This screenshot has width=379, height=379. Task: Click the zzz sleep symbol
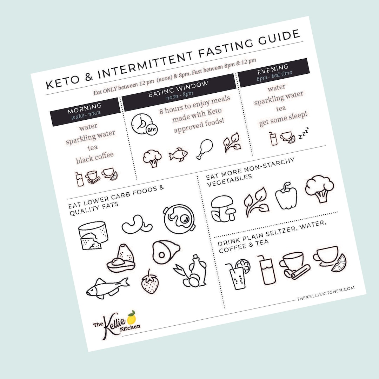point(303,134)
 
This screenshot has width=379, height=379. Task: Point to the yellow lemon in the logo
point(132,318)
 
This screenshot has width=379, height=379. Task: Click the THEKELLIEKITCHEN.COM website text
point(326,293)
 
